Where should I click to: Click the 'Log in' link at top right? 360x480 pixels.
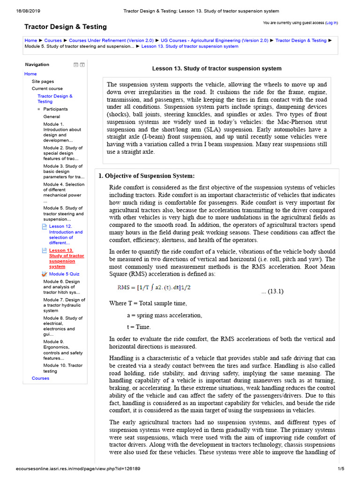[x=331, y=22]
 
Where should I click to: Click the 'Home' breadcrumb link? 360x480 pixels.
[x=30, y=40]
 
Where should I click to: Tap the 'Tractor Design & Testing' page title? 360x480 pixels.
[x=65, y=27]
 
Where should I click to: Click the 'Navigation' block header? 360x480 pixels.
[x=37, y=65]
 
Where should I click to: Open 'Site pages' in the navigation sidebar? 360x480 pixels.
[x=43, y=81]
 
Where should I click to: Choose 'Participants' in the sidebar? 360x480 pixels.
[x=55, y=109]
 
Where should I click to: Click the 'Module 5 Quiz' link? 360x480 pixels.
[x=64, y=274]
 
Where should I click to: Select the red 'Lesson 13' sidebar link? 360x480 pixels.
[x=66, y=258]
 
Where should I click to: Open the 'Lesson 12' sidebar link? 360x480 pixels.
[x=66, y=234]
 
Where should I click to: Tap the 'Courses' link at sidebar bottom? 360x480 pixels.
[x=40, y=378]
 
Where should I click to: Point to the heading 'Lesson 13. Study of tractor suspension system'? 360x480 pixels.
[x=217, y=68]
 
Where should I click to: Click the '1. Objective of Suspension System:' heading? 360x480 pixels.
[x=146, y=176]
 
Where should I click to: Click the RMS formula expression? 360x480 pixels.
[x=154, y=287]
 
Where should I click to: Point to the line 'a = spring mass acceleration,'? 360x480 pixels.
[x=165, y=315]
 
